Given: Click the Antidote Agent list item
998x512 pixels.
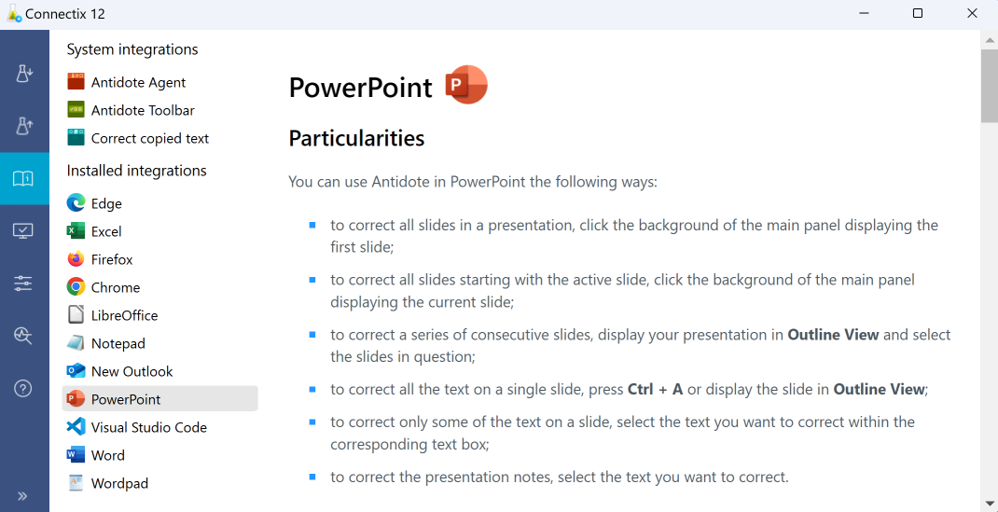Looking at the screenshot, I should pyautogui.click(x=138, y=82).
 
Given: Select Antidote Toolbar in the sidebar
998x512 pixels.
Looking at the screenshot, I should pyautogui.click(x=142, y=110).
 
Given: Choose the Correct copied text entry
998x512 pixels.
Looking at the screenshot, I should pyautogui.click(x=149, y=138).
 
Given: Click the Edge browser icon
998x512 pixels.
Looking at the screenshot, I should pyautogui.click(x=76, y=203).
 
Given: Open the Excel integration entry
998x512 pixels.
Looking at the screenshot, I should pyautogui.click(x=106, y=231).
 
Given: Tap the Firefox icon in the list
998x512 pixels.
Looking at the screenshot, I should pyautogui.click(x=76, y=259).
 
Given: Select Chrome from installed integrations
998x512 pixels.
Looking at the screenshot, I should pyautogui.click(x=115, y=287).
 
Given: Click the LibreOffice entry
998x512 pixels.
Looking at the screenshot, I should pyautogui.click(x=124, y=315).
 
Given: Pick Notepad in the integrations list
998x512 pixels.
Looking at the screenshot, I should pyautogui.click(x=118, y=343).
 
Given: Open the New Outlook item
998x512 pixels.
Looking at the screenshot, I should pyautogui.click(x=132, y=371).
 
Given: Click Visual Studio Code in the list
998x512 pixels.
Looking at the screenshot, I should pyautogui.click(x=148, y=427).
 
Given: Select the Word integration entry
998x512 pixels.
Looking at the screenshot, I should pyautogui.click(x=107, y=455).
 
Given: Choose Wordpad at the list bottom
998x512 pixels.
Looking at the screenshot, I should pyautogui.click(x=119, y=483).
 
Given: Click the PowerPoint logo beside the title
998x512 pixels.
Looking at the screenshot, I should pyautogui.click(x=466, y=85).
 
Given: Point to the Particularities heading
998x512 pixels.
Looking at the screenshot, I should pyautogui.click(x=356, y=138).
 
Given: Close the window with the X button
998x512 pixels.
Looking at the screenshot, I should pyautogui.click(x=972, y=13).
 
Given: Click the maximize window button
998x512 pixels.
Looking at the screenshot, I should pyautogui.click(x=918, y=13).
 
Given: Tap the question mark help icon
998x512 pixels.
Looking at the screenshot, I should pyautogui.click(x=23, y=389).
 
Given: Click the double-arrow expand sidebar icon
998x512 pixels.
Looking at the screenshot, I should pyautogui.click(x=23, y=495).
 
